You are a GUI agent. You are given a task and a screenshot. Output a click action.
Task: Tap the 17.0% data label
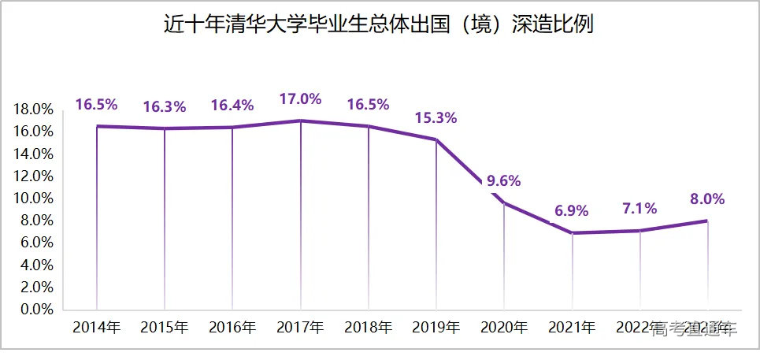pyautogui.click(x=301, y=99)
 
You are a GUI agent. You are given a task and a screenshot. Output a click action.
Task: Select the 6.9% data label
pyautogui.click(x=572, y=211)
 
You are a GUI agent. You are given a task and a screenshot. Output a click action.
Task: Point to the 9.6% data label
pyautogui.click(x=504, y=180)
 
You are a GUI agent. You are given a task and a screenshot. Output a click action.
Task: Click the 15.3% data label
pyautogui.click(x=436, y=118)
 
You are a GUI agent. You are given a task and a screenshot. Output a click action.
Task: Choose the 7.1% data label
pyautogui.click(x=639, y=209)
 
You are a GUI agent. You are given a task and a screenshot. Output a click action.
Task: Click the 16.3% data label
pyautogui.click(x=164, y=107)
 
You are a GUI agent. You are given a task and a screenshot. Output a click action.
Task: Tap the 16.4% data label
pyautogui.click(x=232, y=106)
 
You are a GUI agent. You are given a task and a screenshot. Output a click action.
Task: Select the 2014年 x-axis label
pyautogui.click(x=96, y=327)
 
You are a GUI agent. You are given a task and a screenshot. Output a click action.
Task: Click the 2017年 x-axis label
pyautogui.click(x=301, y=327)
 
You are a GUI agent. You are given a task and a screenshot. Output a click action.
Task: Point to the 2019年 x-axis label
pyautogui.click(x=436, y=327)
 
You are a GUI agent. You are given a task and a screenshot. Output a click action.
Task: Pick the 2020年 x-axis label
pyautogui.click(x=504, y=327)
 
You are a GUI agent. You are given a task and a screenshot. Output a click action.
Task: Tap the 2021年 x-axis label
pyautogui.click(x=572, y=327)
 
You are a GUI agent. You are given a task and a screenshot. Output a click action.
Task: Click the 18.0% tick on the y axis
pyautogui.click(x=33, y=109)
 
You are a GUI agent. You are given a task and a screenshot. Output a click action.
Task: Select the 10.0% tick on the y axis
pyautogui.click(x=33, y=198)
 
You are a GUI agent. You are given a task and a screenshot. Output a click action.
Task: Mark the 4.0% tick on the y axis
pyautogui.click(x=36, y=265)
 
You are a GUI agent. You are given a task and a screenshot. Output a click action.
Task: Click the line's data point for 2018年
pyautogui.click(x=369, y=126)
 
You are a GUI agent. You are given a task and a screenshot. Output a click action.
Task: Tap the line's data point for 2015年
pyautogui.click(x=165, y=128)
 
